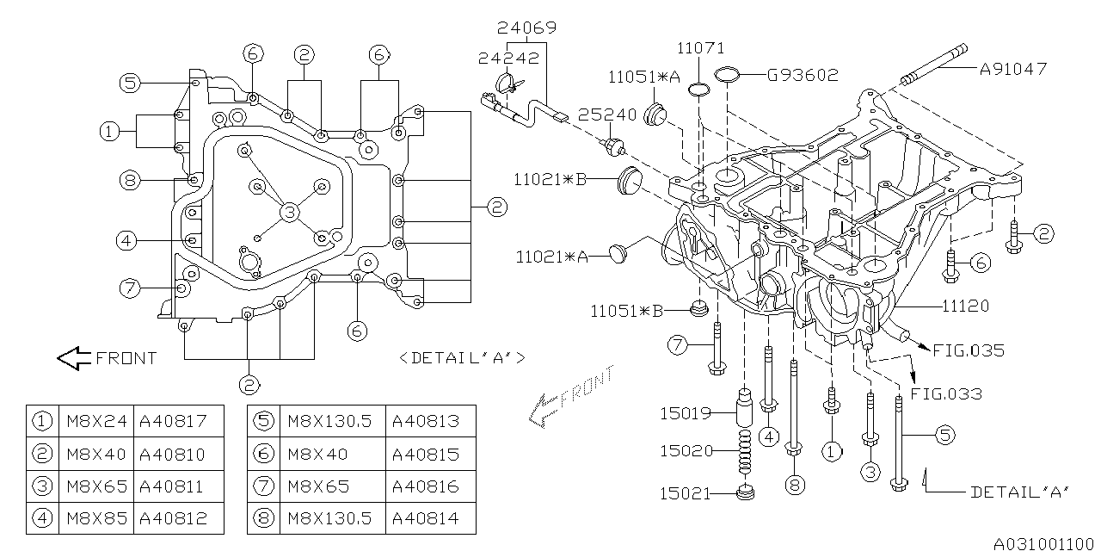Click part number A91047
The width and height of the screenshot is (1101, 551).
1013,69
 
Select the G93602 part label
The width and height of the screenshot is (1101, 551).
803,75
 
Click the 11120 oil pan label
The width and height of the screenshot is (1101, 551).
965,306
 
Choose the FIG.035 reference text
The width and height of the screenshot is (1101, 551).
969,350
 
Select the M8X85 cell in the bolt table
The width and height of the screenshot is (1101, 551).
96,519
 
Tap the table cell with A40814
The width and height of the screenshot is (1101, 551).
426,519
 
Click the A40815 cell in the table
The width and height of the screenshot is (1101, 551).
426,454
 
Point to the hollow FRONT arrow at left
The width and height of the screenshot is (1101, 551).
74,357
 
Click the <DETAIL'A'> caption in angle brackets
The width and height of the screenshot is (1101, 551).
462,357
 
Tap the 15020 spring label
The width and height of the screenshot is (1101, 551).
686,450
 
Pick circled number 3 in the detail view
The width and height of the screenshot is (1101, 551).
291,212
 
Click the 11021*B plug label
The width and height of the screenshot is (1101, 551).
551,180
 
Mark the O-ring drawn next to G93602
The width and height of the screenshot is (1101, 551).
728,75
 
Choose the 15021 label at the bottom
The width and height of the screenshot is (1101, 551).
686,492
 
